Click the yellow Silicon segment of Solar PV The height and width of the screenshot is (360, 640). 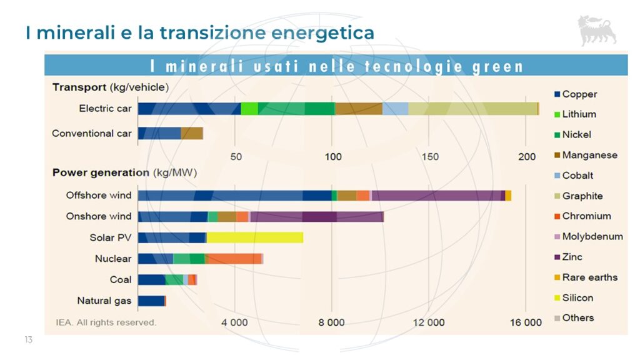(255, 237)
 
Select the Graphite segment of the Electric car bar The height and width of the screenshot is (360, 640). (472, 108)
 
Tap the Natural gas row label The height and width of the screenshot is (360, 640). (104, 301)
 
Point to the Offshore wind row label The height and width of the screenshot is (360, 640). (99, 195)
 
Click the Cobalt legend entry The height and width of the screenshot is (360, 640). (577, 176)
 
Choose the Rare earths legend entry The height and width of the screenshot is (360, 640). (589, 277)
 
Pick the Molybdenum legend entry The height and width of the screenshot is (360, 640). (592, 236)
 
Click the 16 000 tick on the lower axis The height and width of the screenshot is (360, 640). (526, 322)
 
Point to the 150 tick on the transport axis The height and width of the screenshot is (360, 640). (430, 156)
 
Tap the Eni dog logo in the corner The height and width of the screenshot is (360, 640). (597, 31)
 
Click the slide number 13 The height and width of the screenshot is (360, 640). (28, 339)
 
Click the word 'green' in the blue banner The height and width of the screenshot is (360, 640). (497, 66)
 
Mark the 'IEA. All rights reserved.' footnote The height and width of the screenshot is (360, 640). (104, 322)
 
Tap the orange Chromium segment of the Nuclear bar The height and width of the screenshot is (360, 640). (233, 259)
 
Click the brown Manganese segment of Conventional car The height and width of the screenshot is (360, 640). (192, 133)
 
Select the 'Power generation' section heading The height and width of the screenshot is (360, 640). (100, 172)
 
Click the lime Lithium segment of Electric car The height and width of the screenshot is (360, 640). (249, 108)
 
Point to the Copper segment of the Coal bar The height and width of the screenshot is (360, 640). (152, 279)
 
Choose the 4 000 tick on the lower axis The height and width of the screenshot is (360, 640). (235, 322)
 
